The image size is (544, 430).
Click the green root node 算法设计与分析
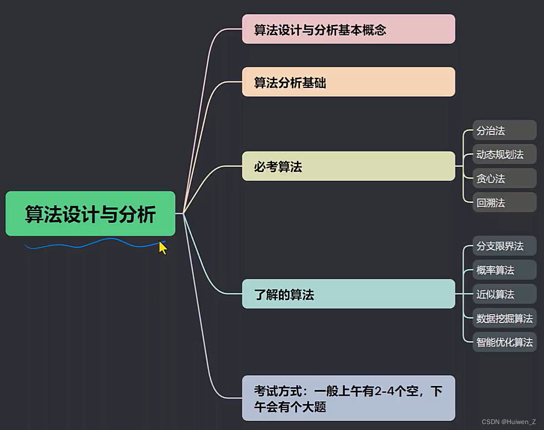(x=90, y=214)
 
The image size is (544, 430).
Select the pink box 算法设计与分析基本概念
(x=348, y=29)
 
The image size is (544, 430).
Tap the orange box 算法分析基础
(x=348, y=82)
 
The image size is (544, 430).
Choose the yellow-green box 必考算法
(x=348, y=166)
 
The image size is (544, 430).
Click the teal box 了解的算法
(x=348, y=294)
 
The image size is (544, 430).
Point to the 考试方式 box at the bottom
(x=348, y=398)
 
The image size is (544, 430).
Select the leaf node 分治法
(x=504, y=130)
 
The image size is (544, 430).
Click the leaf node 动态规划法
(x=504, y=154)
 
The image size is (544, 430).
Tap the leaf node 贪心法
(x=504, y=178)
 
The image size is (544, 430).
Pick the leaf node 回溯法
(x=504, y=202)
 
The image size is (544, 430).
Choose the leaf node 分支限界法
(x=504, y=246)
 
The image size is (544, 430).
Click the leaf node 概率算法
(x=504, y=270)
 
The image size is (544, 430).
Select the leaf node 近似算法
(x=504, y=294)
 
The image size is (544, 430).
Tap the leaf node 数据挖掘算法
(x=504, y=319)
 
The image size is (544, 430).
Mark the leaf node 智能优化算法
(x=504, y=342)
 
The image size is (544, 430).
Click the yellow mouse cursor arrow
(x=163, y=247)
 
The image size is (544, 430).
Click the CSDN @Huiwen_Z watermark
(x=508, y=422)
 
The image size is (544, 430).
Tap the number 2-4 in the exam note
(x=386, y=391)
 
